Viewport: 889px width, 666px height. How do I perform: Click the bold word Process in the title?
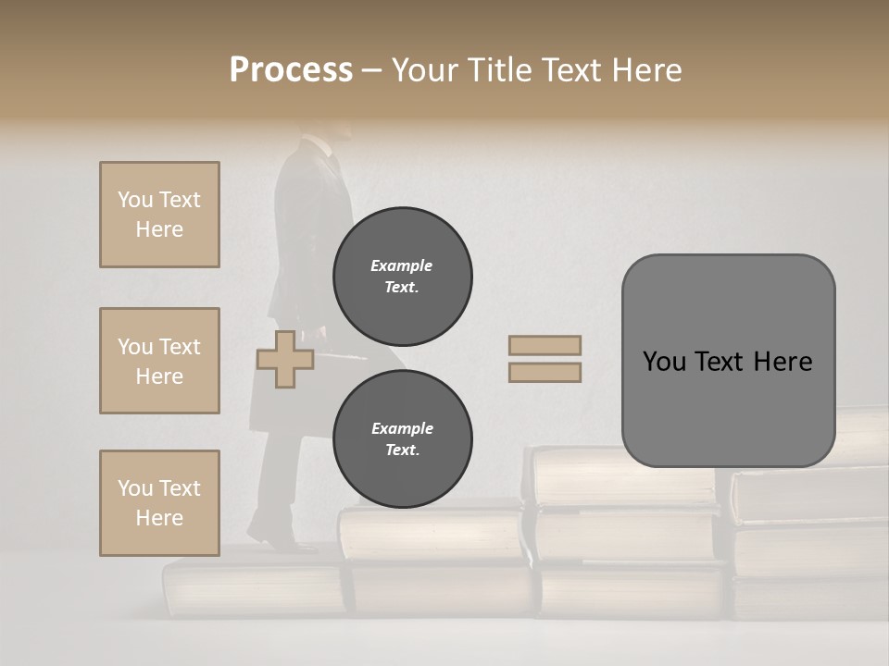pos(291,70)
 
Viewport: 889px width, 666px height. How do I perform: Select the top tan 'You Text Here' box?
pos(159,215)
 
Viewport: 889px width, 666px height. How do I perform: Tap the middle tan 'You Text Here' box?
pos(159,361)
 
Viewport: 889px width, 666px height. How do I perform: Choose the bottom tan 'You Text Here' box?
pos(159,503)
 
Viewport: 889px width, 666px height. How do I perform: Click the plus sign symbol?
pos(285,360)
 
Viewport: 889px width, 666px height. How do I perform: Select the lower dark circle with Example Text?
pos(403,439)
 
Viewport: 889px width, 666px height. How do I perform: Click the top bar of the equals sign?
pos(545,345)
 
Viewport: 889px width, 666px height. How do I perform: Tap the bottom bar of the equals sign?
pos(545,373)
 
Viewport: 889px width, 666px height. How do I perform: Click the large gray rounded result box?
pos(728,361)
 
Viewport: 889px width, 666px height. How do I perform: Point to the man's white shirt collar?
pos(319,144)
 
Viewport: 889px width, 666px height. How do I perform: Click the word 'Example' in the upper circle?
pos(402,265)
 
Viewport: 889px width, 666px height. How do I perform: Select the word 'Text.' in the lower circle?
pos(402,450)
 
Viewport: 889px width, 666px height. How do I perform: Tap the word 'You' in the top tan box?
pos(135,200)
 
